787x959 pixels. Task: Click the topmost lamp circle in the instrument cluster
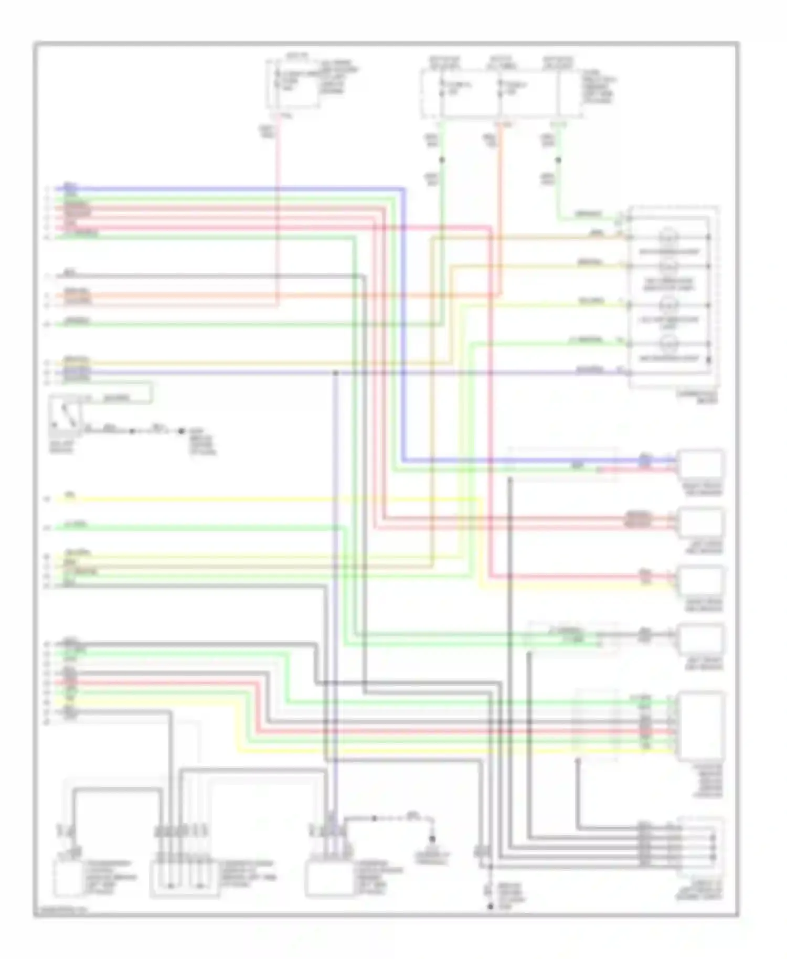(668, 237)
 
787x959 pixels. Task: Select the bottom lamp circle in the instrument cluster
(668, 345)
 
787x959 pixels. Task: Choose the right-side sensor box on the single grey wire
(701, 639)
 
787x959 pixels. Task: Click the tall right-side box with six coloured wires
(701, 726)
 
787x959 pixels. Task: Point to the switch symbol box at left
(65, 415)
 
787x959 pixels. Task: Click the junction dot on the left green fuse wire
(442, 159)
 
